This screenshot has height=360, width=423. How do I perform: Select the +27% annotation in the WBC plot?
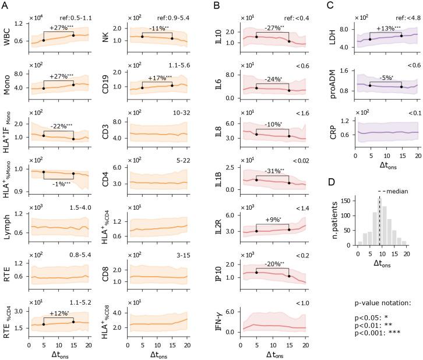click(x=60, y=28)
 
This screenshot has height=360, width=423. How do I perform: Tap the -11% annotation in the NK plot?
click(x=158, y=28)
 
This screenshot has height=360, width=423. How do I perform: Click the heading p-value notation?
click(x=385, y=303)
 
